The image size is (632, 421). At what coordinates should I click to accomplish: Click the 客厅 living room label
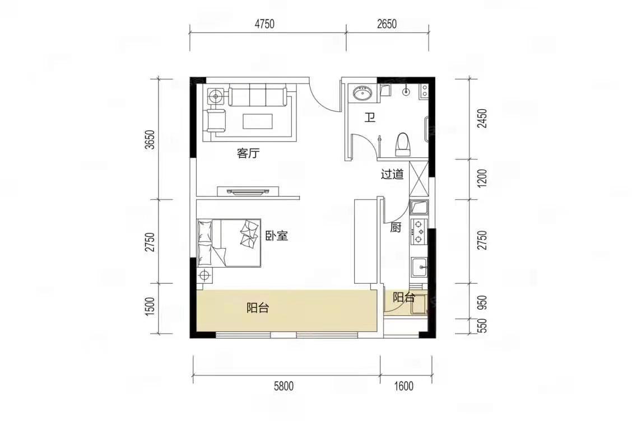coord(248,153)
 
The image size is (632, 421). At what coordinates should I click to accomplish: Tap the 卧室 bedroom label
coord(277,236)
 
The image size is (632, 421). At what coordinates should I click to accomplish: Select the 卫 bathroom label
coord(370,118)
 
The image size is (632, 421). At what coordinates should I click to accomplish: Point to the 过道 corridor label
coord(392,174)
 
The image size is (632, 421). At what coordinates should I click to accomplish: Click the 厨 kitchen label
coord(396,228)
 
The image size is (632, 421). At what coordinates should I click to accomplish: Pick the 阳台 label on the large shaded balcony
coord(258,308)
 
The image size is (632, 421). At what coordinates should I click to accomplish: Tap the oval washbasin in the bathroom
coord(363,93)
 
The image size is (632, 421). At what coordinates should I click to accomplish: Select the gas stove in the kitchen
coord(419,232)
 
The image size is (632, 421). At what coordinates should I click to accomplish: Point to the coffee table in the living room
coord(258,121)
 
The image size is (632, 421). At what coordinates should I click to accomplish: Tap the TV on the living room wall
coord(248,191)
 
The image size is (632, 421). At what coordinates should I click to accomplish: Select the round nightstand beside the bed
coord(205,275)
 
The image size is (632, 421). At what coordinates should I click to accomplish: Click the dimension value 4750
coord(264,24)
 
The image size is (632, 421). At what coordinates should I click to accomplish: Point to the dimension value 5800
coord(284,386)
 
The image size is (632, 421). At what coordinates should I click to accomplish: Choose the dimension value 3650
coord(150,139)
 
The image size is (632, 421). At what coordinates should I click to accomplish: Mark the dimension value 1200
coord(482,177)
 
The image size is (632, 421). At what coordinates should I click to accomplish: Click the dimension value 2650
coord(387,24)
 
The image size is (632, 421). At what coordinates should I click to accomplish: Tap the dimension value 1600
coord(403,386)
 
